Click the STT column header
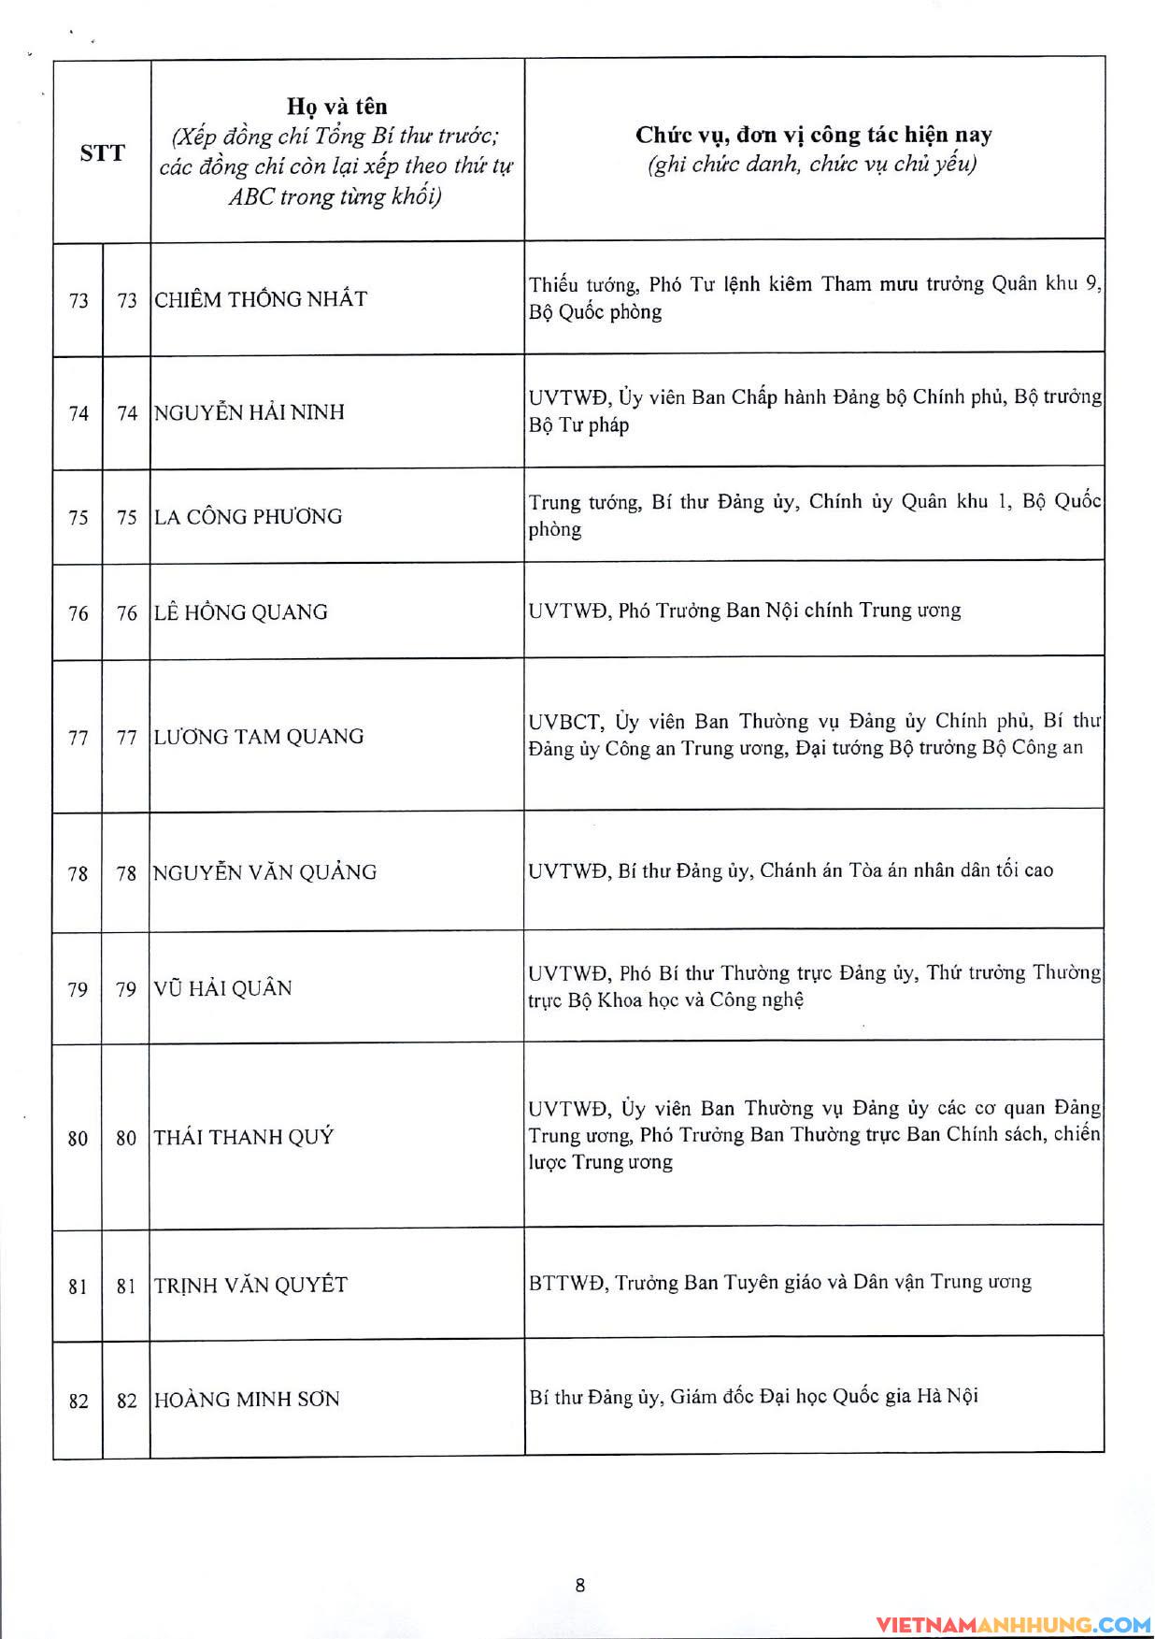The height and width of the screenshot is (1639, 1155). (102, 153)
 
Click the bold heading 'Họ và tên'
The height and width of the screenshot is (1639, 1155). (336, 107)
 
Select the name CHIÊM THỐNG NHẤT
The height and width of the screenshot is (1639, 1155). (261, 299)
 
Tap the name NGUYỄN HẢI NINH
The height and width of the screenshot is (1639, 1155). (250, 412)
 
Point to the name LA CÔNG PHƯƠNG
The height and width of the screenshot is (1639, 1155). (249, 516)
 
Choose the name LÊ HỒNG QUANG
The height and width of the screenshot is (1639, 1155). (241, 612)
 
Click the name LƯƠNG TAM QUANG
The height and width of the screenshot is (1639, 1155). (259, 737)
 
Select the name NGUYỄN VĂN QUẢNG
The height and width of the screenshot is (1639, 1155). (265, 872)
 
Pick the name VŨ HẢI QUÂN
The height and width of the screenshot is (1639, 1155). (223, 988)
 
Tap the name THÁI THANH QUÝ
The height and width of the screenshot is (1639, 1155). (244, 1137)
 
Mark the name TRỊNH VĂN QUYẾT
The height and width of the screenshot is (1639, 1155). (250, 1286)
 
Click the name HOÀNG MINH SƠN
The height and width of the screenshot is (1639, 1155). (247, 1400)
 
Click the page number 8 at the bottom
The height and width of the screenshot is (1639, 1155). (580, 1585)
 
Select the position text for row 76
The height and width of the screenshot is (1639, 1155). (745, 611)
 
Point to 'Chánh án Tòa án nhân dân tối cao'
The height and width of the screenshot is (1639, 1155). (906, 870)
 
